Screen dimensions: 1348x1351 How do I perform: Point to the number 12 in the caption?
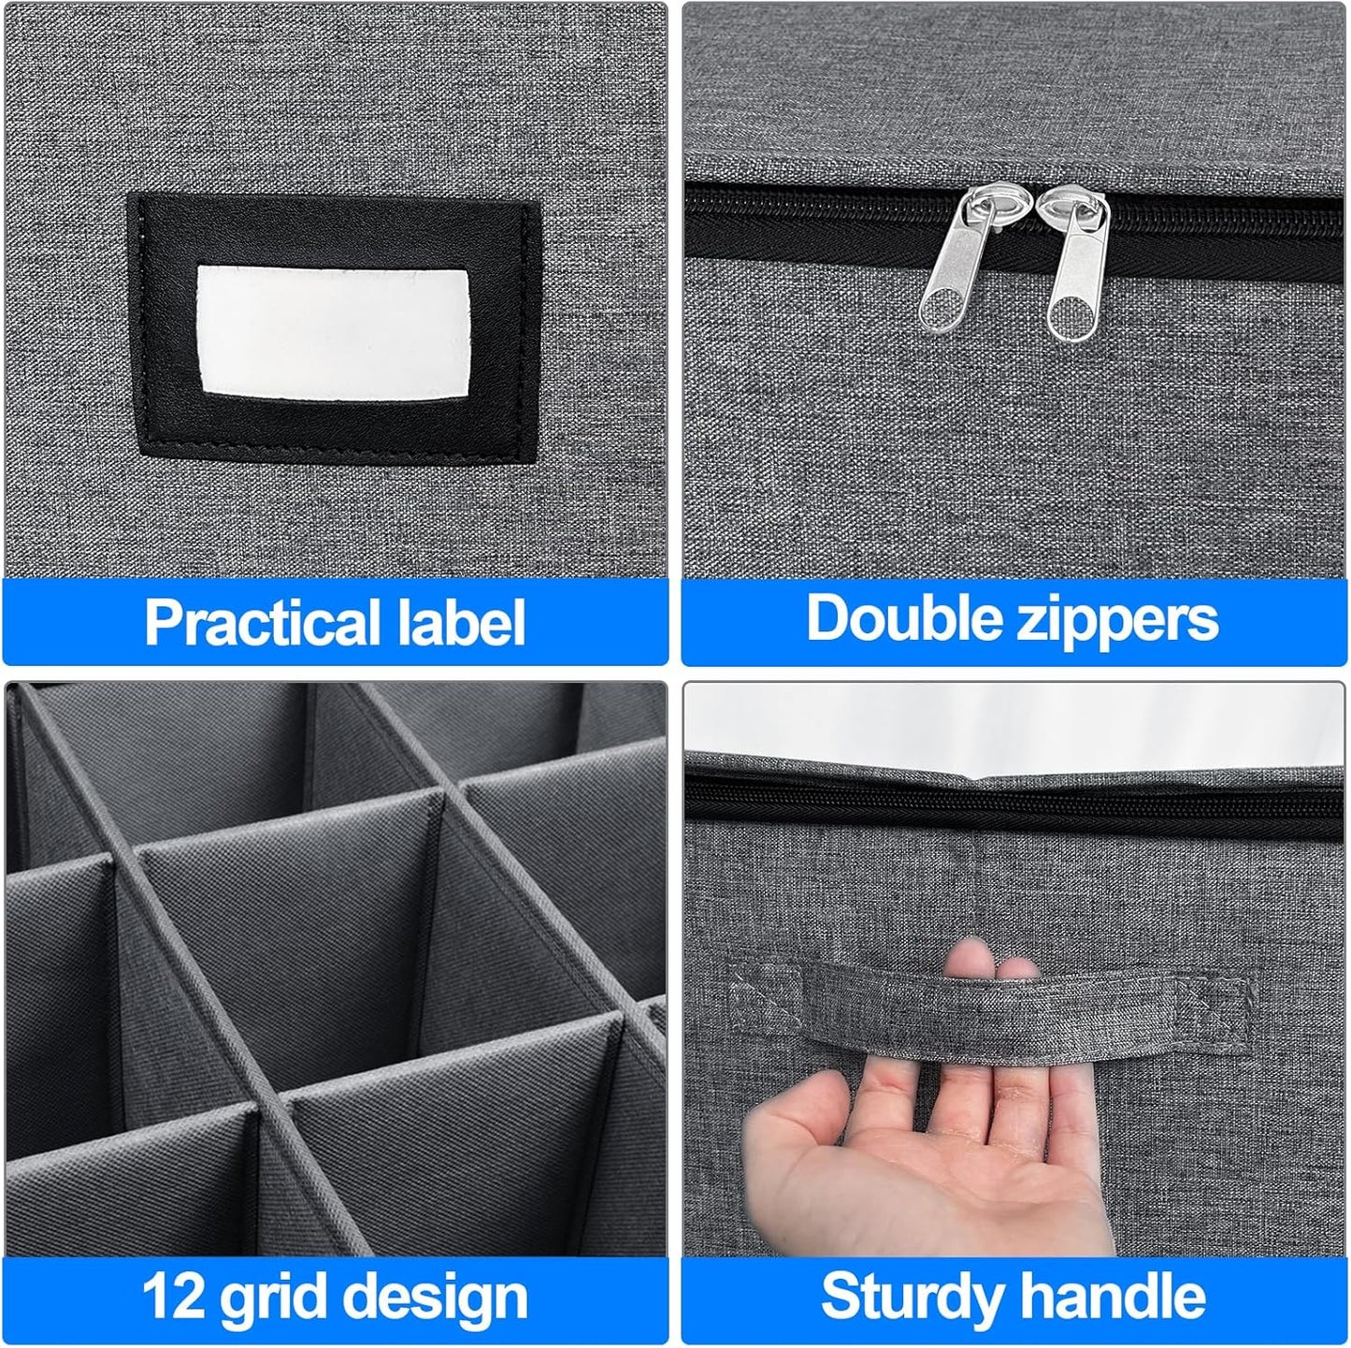pyautogui.click(x=174, y=1297)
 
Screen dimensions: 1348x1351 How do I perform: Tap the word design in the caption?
pyautogui.click(x=434, y=1298)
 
